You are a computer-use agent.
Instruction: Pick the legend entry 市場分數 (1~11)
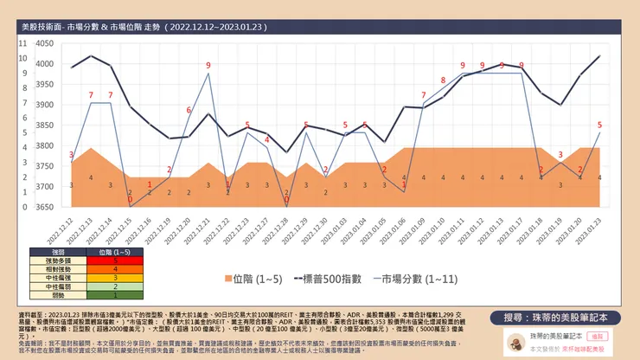(405, 279)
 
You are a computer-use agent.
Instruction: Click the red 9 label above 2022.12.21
(208, 66)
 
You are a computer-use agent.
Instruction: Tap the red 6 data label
(189, 111)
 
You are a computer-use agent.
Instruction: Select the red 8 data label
(443, 80)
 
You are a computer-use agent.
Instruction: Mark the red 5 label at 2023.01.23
(599, 125)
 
